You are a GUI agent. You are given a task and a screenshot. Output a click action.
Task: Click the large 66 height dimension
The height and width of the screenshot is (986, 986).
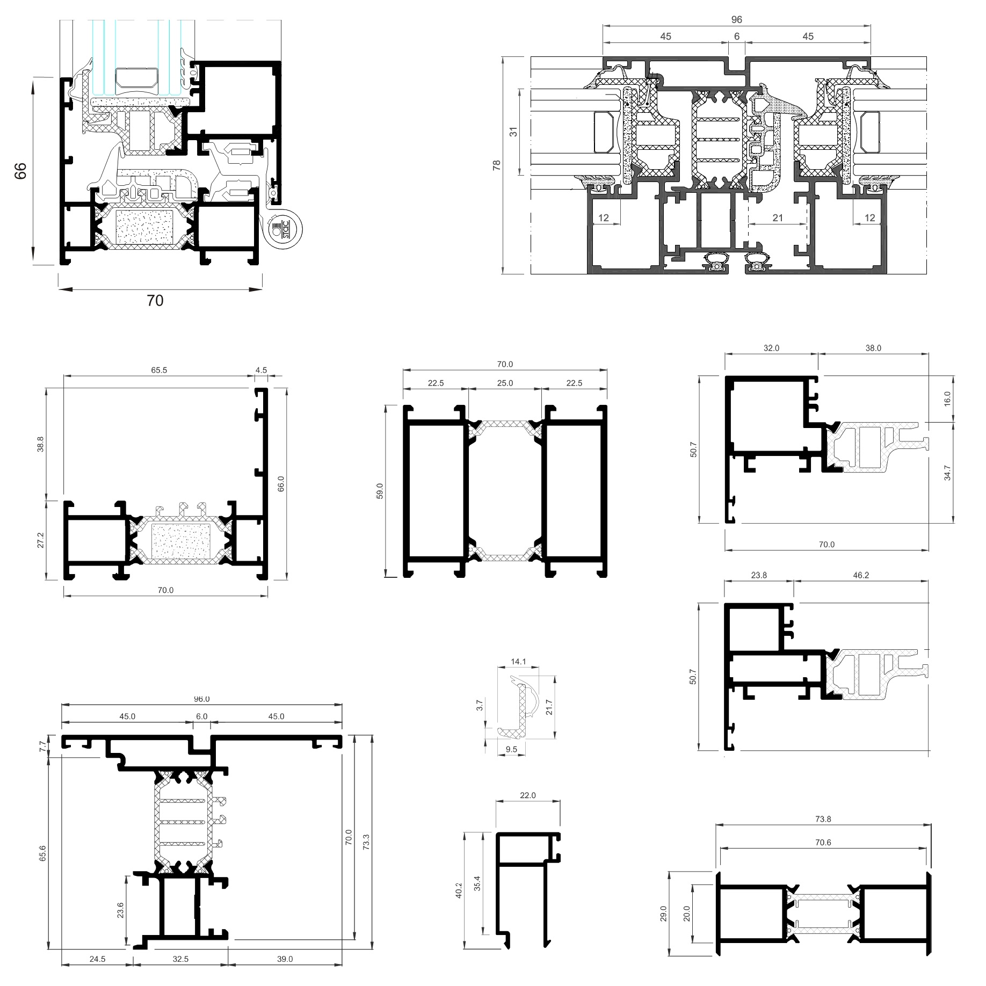20,171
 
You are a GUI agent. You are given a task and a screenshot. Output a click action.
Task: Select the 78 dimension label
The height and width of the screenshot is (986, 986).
497,165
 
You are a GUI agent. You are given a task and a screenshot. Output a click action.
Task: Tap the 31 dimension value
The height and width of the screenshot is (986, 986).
513,132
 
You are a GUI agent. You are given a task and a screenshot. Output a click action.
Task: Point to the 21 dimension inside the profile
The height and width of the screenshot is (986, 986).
778,218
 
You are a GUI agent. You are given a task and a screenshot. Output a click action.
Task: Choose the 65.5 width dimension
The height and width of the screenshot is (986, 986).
159,370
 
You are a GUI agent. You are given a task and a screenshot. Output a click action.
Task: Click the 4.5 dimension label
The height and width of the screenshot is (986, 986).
261,370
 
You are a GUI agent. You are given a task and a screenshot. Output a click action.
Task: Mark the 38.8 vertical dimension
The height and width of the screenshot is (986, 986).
41,444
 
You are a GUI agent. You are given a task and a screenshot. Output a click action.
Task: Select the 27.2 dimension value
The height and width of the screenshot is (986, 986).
41,540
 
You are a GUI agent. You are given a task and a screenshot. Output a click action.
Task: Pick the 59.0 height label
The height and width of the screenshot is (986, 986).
380,491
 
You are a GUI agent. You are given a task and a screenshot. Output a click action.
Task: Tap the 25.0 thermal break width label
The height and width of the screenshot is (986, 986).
505,383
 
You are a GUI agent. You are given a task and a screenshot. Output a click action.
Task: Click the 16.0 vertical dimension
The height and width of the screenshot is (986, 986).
947,398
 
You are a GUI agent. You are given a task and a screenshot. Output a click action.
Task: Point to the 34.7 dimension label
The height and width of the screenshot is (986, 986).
947,473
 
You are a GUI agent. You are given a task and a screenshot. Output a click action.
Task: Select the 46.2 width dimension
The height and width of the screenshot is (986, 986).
860,575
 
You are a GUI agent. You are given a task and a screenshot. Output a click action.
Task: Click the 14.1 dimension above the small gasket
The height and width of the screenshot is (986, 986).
518,662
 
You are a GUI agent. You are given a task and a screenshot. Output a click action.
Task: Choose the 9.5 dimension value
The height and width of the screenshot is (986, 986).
511,749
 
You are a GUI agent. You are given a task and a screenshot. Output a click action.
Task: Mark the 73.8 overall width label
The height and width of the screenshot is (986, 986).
823,819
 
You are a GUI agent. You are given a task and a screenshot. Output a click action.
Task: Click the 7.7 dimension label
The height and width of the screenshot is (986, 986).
42,746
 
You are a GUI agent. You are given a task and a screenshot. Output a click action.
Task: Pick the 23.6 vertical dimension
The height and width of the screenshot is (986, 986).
120,910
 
